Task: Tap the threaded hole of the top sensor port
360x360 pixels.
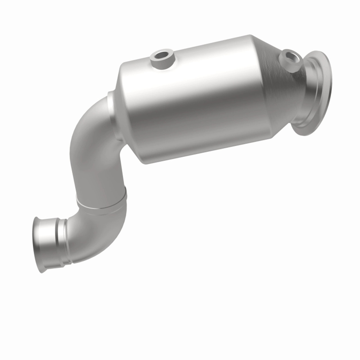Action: pos(163,54)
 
